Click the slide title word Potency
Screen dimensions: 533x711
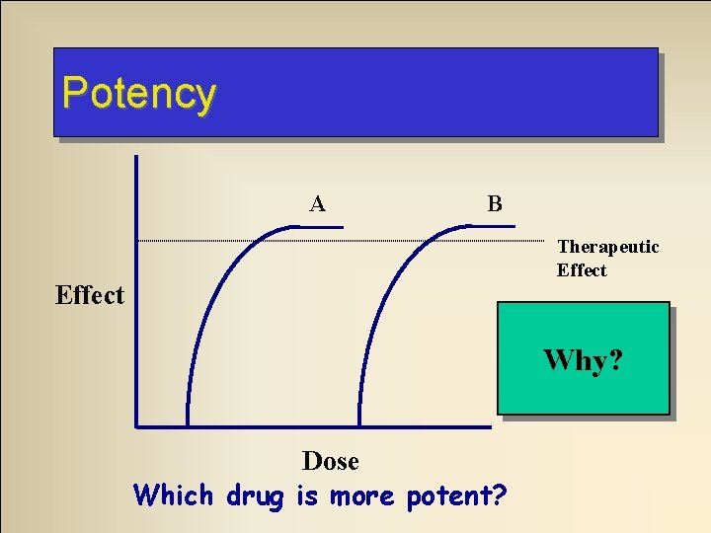coord(138,94)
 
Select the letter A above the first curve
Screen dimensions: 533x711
coord(317,204)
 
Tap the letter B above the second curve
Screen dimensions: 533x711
coord(495,204)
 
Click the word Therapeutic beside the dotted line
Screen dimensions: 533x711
coord(607,247)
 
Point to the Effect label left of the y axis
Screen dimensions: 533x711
coord(90,295)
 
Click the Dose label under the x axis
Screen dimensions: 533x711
coord(330,461)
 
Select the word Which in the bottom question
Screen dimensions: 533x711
coord(173,494)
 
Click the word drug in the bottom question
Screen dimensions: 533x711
coord(254,494)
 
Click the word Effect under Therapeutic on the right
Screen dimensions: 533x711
coord(582,270)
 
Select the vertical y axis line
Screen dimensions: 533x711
coord(136,296)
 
